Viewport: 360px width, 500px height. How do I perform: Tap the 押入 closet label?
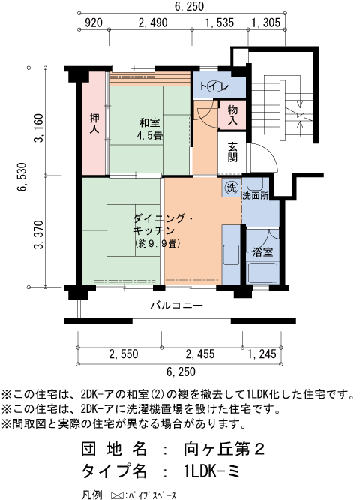click(94, 124)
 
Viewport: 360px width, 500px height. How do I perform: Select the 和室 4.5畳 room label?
click(150, 128)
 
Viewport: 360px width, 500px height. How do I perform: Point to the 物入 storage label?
click(233, 115)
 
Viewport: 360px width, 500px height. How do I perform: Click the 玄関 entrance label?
click(233, 152)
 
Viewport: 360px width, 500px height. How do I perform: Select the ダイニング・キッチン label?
click(163, 224)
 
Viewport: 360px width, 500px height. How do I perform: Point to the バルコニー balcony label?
click(176, 306)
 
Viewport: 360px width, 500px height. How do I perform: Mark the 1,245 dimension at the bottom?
click(261, 354)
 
